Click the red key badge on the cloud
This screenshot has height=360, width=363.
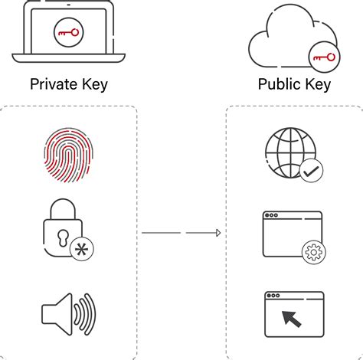click(323, 57)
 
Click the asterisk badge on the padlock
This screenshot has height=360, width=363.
click(81, 250)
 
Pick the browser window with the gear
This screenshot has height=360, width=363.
click(290, 234)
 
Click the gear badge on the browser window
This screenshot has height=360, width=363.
click(312, 252)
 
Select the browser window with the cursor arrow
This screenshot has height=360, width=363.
click(290, 315)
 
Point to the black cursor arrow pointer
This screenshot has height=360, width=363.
click(292, 319)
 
